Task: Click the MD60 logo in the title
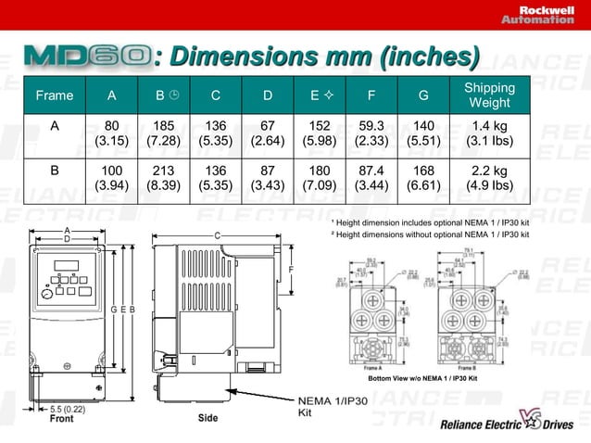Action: (87, 57)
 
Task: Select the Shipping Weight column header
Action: (489, 95)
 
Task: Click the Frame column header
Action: (54, 95)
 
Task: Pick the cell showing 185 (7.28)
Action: (164, 133)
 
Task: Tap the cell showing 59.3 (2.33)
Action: (371, 133)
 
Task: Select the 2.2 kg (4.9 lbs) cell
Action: (489, 178)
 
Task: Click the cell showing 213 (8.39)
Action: (164, 178)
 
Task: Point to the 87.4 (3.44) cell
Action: (371, 178)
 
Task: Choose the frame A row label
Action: (54, 125)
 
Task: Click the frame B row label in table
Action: (54, 171)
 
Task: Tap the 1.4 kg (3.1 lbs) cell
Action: (489, 133)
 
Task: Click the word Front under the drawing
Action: (61, 419)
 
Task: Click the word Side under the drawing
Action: (208, 418)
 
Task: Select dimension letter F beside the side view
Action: (290, 270)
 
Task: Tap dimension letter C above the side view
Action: (218, 235)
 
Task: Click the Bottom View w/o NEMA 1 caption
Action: (422, 379)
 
